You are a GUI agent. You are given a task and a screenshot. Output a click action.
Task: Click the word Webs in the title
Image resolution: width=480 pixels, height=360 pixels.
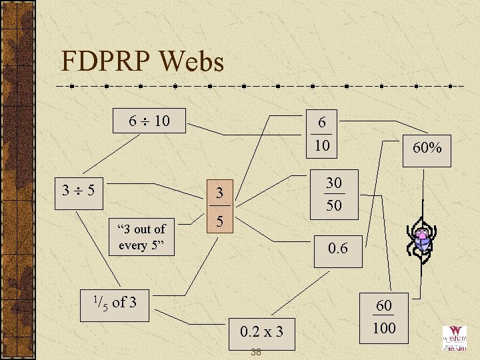click(x=191, y=62)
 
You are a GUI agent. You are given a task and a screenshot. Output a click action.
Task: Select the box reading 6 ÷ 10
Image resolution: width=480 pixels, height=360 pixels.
click(x=149, y=121)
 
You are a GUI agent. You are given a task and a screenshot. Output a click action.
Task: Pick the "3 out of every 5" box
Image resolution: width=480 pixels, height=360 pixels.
click(x=141, y=237)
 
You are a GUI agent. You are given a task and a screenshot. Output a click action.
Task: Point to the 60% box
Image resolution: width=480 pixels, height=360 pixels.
click(x=427, y=147)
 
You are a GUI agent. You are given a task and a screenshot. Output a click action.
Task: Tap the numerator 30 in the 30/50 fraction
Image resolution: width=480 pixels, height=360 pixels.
click(x=333, y=183)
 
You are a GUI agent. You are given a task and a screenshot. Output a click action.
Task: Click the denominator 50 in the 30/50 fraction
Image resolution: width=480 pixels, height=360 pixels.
click(x=333, y=205)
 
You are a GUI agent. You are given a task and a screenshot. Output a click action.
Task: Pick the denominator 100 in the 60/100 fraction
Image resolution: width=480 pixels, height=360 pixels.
click(x=384, y=327)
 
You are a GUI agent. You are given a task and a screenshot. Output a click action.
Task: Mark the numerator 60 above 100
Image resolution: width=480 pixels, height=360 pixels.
click(x=384, y=305)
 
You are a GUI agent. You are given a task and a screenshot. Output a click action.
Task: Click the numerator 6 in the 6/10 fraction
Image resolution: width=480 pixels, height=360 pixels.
click(x=322, y=123)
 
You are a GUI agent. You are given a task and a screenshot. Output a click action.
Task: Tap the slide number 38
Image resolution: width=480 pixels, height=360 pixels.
click(x=255, y=351)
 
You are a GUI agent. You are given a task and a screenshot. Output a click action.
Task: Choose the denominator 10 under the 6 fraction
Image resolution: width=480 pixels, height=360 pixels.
click(x=322, y=145)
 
